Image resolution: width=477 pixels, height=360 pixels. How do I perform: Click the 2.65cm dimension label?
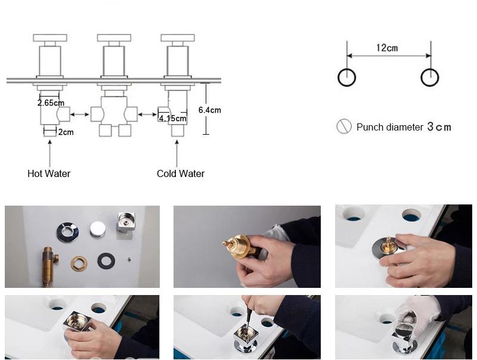click(x=50, y=103)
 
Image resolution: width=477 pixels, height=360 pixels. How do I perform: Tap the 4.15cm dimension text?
click(x=172, y=119)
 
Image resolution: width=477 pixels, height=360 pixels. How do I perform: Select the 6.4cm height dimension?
click(x=209, y=110)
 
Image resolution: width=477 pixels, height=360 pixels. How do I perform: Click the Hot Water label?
click(x=49, y=173)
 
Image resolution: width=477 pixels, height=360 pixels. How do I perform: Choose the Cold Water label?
click(x=181, y=173)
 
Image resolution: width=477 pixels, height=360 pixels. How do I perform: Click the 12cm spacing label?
click(x=388, y=48)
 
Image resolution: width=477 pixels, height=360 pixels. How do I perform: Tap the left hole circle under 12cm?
click(x=346, y=77)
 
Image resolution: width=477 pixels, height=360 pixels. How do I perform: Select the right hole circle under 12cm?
click(x=430, y=77)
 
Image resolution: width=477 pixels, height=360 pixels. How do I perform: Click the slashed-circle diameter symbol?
click(x=343, y=126)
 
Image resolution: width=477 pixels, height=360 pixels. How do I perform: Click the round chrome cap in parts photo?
click(x=96, y=229)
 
